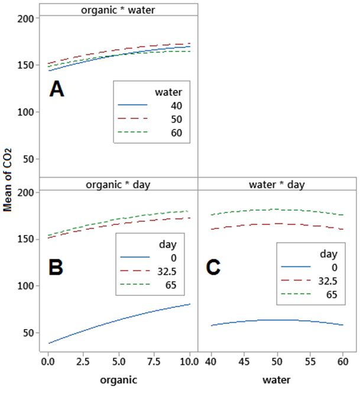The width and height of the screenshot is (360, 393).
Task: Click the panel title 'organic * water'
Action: tap(118, 9)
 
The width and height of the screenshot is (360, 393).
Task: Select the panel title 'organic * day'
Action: tap(118, 184)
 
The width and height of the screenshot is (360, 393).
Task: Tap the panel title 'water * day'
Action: tap(277, 184)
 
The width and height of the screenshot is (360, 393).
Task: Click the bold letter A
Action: tap(57, 89)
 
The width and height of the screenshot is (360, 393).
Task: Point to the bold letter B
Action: tap(56, 267)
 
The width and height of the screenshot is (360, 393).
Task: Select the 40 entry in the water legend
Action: tap(176, 105)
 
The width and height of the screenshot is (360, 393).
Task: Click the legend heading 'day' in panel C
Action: tap(328, 254)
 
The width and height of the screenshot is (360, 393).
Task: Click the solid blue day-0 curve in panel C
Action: tap(277, 320)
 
